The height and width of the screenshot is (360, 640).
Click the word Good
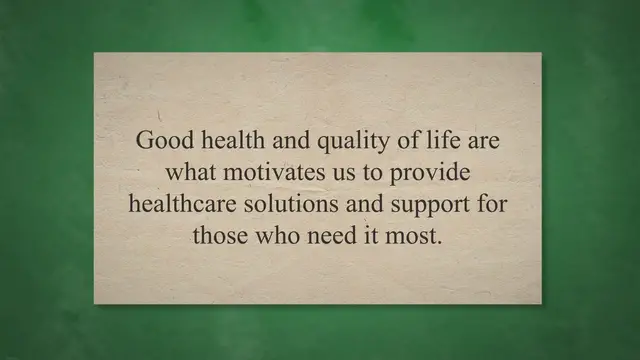pos(160,140)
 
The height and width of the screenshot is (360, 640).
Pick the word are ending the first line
pos(477,140)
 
